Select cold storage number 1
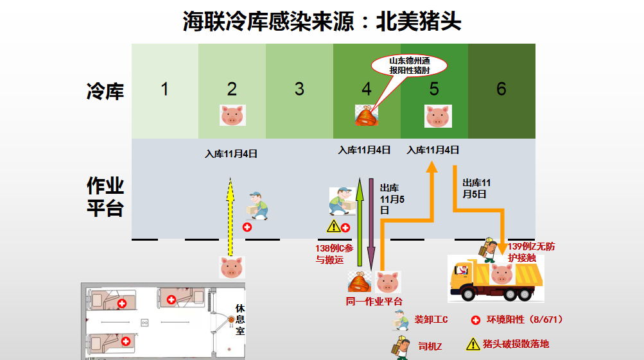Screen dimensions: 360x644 [165, 89]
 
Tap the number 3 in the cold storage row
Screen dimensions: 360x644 [299, 89]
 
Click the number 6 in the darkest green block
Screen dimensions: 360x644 [501, 89]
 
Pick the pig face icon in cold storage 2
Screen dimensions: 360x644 [232, 116]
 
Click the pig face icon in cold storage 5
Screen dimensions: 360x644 [438, 116]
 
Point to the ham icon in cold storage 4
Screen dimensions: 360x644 [367, 116]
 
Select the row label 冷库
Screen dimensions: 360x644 [105, 91]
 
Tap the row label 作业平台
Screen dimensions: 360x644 [105, 197]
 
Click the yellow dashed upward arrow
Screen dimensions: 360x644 [230, 218]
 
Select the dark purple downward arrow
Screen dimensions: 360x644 [371, 225]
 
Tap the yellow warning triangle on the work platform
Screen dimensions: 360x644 [333, 226]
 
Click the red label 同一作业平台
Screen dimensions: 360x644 [374, 301]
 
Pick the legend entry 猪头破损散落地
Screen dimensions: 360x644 [516, 344]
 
